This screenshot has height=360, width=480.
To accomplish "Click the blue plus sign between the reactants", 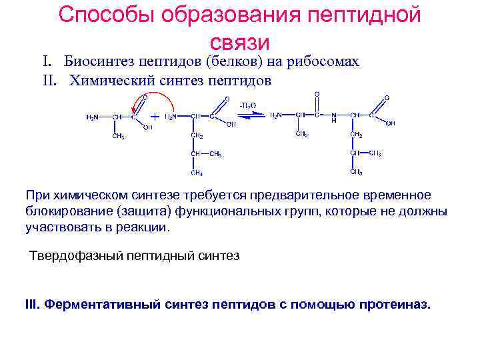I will (x=155, y=116).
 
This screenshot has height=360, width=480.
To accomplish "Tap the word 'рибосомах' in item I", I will (x=323, y=62).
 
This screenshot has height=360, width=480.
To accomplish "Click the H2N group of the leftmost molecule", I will (x=93, y=117).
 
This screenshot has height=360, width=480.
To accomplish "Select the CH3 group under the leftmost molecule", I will (x=118, y=137).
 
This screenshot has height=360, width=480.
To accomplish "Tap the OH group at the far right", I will (x=391, y=123).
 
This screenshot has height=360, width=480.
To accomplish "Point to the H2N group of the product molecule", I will (x=275, y=115).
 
